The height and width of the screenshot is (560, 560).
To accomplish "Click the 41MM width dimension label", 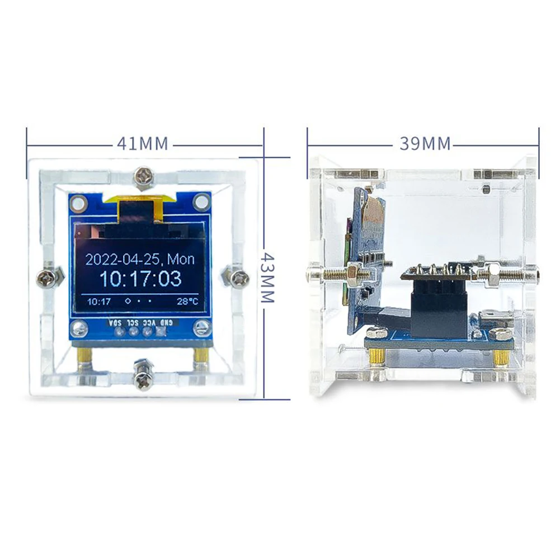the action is [143, 144].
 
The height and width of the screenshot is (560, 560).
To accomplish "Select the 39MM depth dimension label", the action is [425, 144].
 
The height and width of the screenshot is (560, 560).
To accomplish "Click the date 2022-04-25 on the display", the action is [123, 259].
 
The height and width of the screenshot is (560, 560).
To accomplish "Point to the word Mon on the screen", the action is [181, 259].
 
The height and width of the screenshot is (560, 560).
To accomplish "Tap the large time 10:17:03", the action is [140, 279].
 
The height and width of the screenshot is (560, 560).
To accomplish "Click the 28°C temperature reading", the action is [187, 302].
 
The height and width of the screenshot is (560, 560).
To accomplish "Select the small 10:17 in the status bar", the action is [99, 302].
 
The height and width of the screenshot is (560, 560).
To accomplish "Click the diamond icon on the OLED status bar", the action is [128, 301].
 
